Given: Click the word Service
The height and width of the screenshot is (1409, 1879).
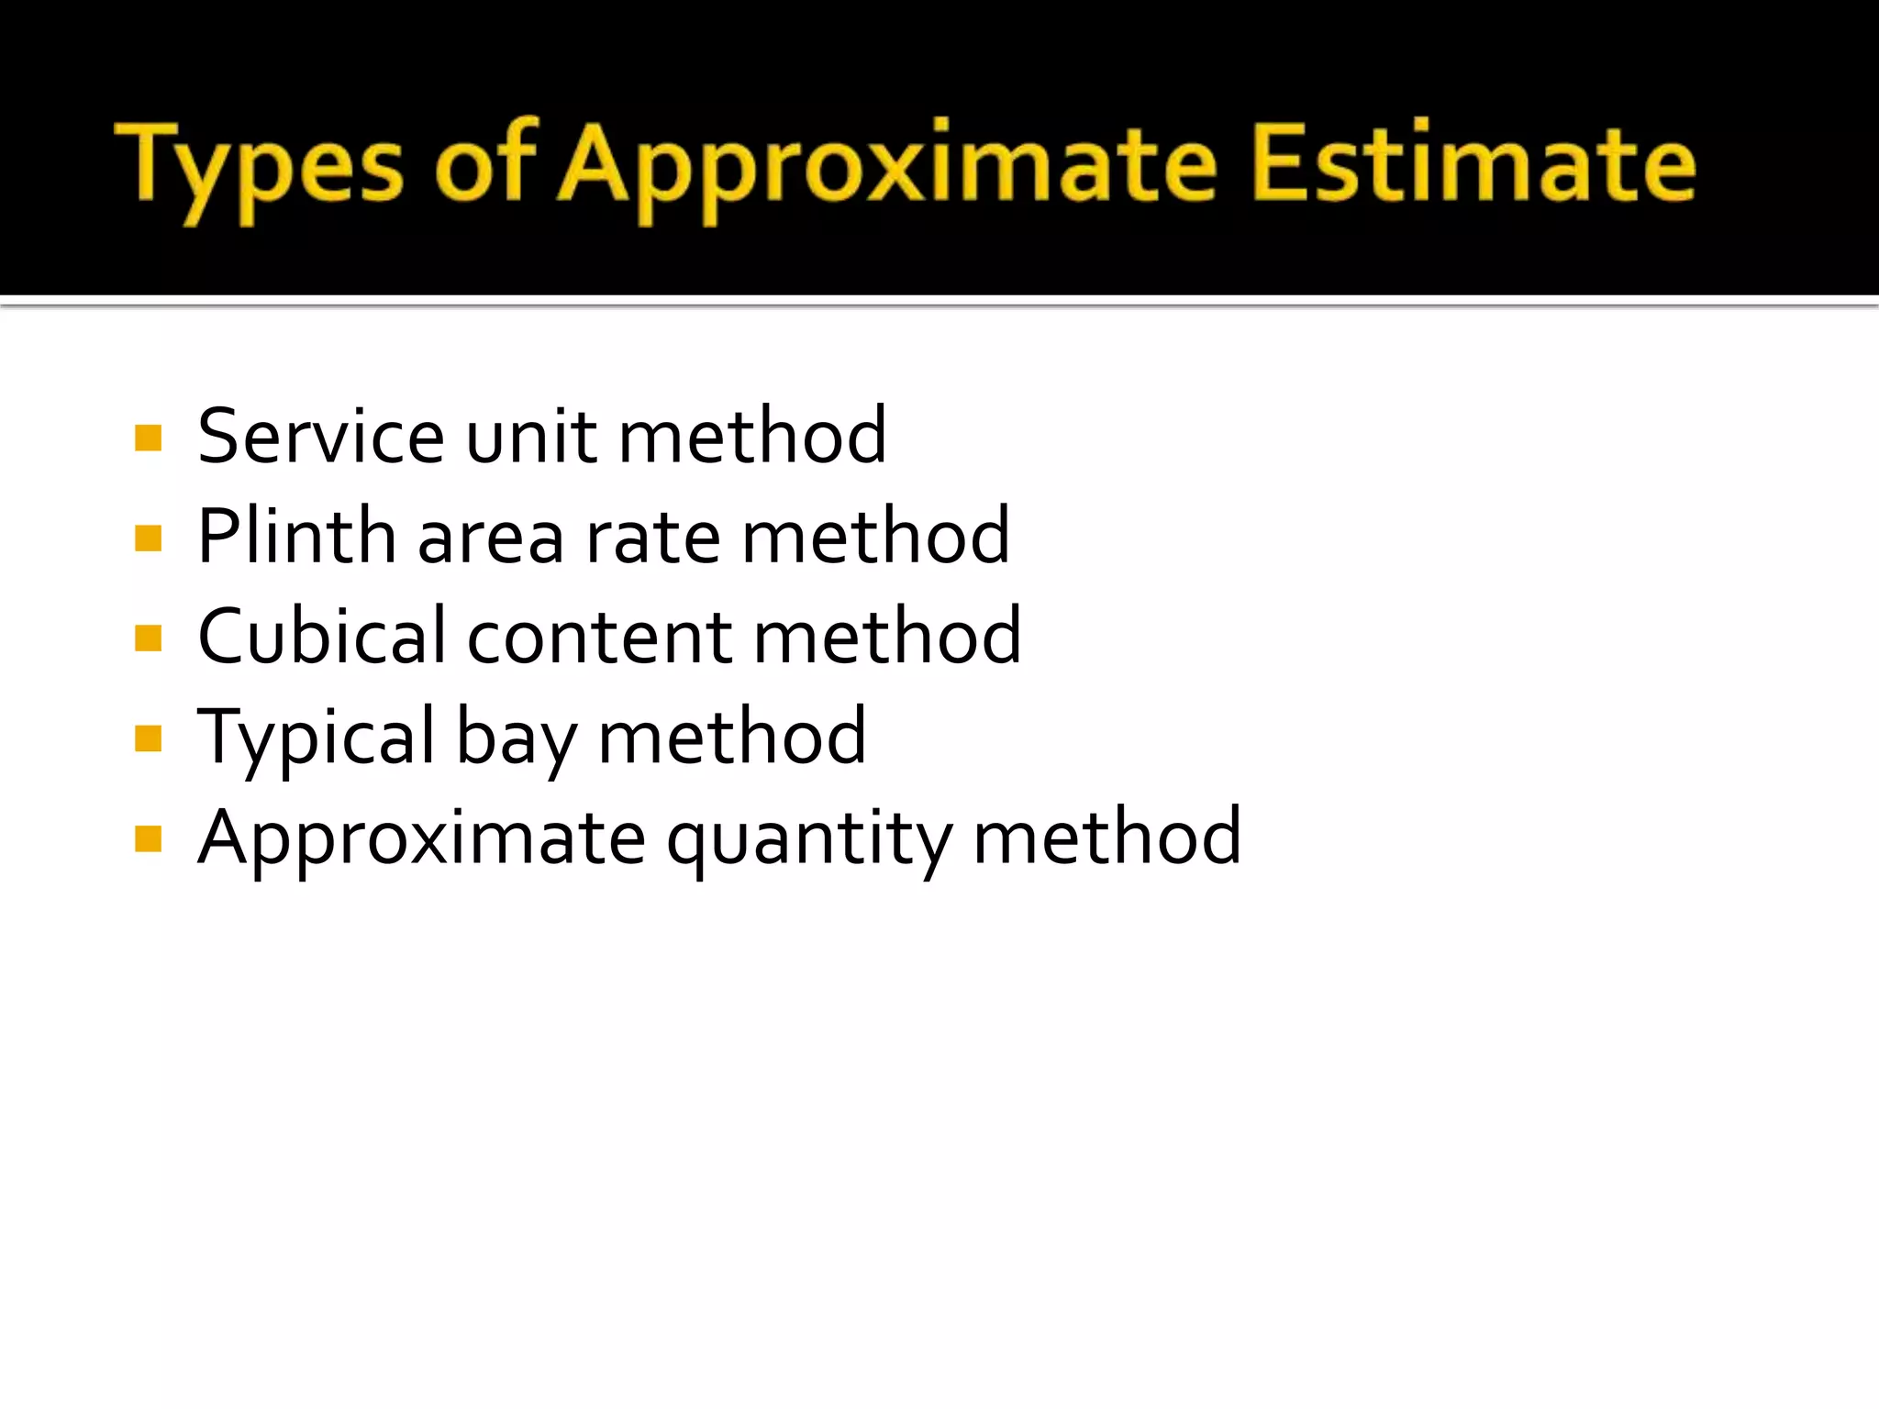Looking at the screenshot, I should [x=321, y=437].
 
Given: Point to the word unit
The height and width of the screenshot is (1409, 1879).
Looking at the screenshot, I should [x=532, y=437].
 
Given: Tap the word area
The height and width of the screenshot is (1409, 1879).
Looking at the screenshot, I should [x=491, y=538].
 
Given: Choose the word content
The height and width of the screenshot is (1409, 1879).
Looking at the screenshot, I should [x=600, y=638].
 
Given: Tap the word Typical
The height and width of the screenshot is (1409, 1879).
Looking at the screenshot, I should [x=317, y=739].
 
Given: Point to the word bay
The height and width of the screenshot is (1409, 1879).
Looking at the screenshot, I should [x=517, y=739].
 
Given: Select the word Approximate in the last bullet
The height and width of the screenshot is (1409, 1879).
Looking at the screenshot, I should [x=422, y=840].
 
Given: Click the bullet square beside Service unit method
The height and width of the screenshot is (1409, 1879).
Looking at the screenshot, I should [x=148, y=438].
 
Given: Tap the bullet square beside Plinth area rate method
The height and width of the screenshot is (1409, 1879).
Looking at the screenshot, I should [x=148, y=538].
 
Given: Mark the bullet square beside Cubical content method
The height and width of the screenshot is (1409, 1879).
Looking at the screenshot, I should [x=148, y=638].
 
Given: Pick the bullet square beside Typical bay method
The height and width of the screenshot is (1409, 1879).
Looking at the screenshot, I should [x=148, y=738].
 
